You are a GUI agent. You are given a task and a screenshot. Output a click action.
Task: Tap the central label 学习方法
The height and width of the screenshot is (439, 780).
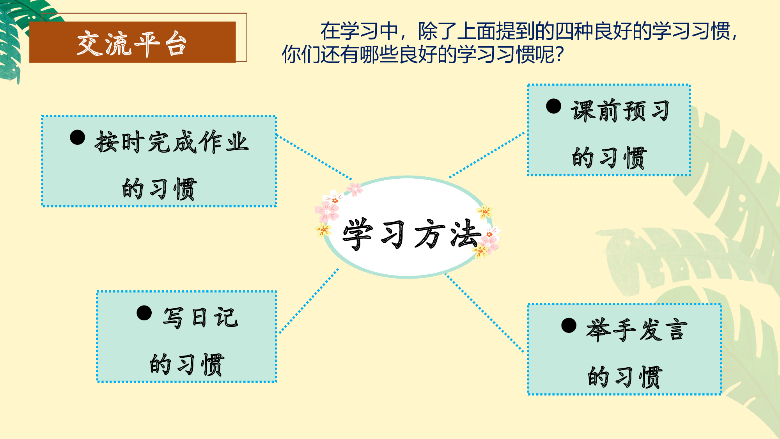[x=411, y=234]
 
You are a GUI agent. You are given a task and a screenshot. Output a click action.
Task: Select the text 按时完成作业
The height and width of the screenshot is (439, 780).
[x=172, y=142]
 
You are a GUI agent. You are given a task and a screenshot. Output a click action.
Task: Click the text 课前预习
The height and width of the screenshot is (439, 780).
[x=620, y=111]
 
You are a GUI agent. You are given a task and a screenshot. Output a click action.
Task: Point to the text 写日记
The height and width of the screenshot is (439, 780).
[x=200, y=317]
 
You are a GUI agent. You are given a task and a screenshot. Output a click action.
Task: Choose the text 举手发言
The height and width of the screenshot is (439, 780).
[x=636, y=330]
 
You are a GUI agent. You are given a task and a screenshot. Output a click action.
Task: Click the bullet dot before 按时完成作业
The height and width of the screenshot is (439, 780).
[x=78, y=137]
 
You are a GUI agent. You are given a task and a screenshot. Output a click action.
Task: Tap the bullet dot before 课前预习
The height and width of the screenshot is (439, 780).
[x=553, y=106]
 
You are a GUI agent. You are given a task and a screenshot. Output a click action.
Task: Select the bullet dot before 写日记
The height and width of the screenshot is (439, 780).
[x=144, y=313]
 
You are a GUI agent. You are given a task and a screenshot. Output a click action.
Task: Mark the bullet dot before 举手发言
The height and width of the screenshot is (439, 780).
[x=569, y=325]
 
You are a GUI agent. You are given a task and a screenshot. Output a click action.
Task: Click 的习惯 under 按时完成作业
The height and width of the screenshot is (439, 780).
[x=159, y=189]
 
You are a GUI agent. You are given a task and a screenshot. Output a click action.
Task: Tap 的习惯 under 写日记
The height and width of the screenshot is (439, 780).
[x=187, y=364]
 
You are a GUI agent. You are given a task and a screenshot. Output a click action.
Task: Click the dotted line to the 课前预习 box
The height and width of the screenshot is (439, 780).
[x=487, y=155]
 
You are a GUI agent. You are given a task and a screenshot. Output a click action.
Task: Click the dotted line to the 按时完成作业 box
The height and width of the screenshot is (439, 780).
[x=314, y=157]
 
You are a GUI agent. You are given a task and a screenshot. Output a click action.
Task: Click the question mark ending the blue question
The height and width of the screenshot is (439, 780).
[x=560, y=55]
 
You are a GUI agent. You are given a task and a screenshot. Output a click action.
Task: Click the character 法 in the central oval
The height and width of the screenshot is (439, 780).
[x=465, y=233]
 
